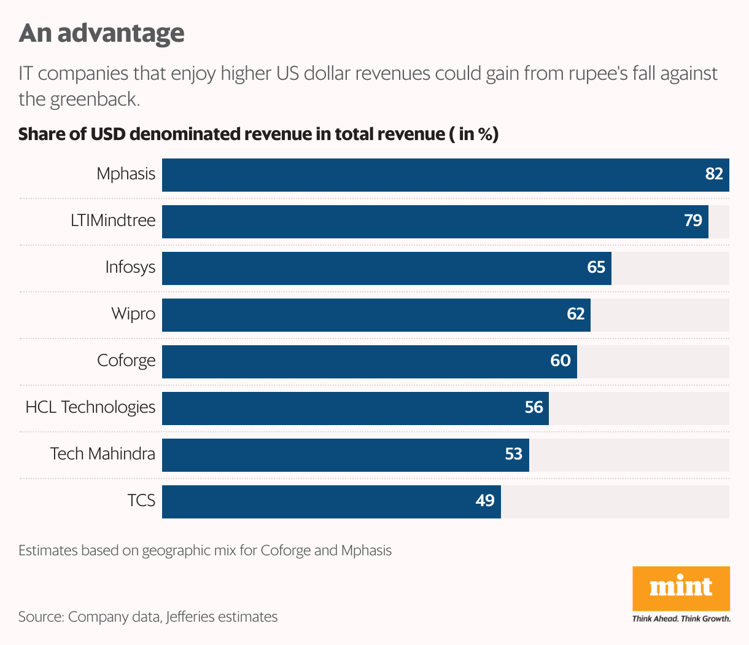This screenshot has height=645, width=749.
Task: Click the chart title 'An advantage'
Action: (101, 33)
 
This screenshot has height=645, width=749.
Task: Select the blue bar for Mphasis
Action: (430, 175)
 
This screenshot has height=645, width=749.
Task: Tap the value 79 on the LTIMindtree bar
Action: (693, 221)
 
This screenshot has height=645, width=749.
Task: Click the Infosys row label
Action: (130, 267)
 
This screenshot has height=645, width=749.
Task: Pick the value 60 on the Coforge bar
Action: (561, 361)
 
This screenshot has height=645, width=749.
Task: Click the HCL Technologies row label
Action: (90, 407)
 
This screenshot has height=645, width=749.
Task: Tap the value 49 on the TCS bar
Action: (485, 501)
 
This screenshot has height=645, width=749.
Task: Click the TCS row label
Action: (141, 501)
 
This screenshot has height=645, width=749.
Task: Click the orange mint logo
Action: (681, 588)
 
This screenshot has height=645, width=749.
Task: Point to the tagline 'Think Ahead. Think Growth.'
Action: (681, 619)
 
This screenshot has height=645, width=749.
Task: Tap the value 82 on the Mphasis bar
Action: (714, 174)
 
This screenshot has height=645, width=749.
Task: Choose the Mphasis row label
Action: (126, 174)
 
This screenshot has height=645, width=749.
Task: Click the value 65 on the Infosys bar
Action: (596, 267)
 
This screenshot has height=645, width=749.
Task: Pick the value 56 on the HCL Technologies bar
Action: (534, 407)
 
